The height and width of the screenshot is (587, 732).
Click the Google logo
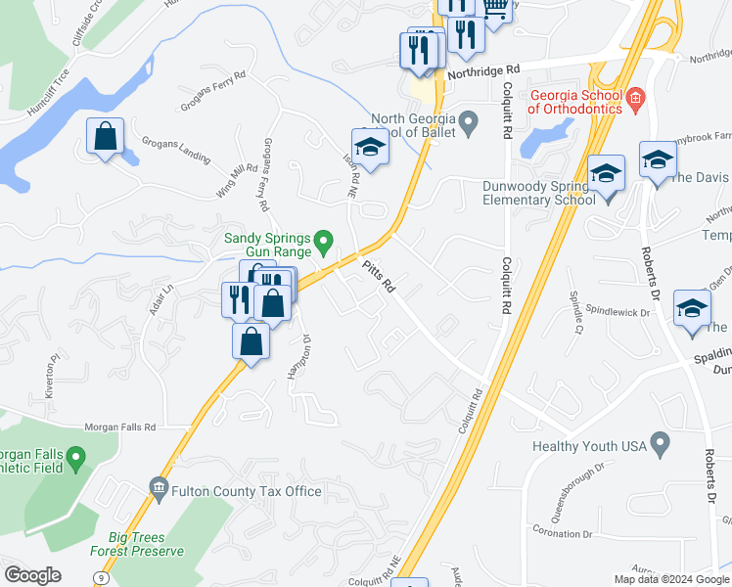point(32,575)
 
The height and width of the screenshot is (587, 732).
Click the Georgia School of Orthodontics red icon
point(635,97)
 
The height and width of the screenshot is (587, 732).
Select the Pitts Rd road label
point(378,277)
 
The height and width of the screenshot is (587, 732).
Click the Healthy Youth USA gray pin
point(660,446)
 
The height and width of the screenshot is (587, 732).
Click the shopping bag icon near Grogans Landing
point(105,137)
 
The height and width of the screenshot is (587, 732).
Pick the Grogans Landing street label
point(175,157)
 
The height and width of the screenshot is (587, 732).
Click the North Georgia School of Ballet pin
point(469,121)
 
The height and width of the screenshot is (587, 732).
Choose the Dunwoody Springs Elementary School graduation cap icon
point(606,172)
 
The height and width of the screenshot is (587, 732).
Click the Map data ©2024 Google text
point(672,579)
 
